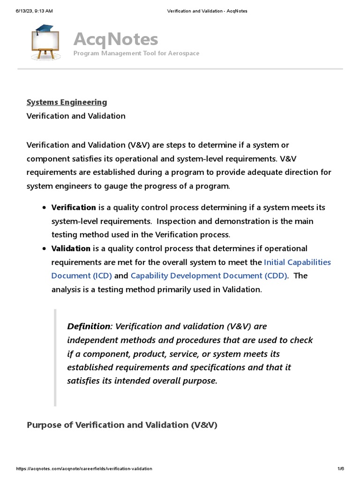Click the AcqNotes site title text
point(115,39)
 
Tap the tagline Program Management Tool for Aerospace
point(136,53)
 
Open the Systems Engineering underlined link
point(67,102)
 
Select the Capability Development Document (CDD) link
point(209,276)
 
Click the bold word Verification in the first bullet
point(74,207)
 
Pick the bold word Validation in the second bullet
point(71,248)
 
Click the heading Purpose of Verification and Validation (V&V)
point(122,425)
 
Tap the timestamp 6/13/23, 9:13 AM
point(34,11)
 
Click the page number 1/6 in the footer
point(340,469)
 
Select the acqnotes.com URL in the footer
point(84,469)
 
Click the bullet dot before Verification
point(44,208)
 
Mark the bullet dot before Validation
point(44,249)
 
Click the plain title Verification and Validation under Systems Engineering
point(76,116)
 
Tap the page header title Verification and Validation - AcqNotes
point(207,11)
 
